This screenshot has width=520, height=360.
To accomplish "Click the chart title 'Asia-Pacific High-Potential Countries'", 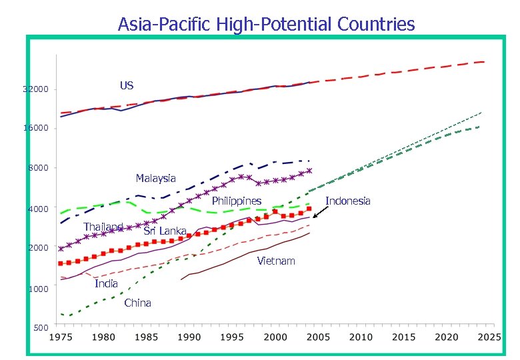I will point(266,25).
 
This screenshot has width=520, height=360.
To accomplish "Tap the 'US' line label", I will point(127,85).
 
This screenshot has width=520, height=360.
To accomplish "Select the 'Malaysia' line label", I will point(155,178).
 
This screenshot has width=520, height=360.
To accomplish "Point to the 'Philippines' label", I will point(236,201).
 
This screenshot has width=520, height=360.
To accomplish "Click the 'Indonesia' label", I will point(348,201).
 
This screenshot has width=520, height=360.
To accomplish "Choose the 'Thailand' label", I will point(103,227).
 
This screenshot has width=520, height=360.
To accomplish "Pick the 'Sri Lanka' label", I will point(165,231).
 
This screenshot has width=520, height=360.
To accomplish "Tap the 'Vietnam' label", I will point(275,261).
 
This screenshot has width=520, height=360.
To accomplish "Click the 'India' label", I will point(106,283).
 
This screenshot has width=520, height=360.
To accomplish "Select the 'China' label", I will point(137,303).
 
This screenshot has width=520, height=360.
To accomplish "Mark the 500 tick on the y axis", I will point(40,328).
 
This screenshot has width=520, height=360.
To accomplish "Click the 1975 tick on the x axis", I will point(61,337).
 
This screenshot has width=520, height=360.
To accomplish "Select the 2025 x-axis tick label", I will point(489,337).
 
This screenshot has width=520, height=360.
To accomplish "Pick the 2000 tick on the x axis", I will point(275,337).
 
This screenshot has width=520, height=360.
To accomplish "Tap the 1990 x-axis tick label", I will point(189,337).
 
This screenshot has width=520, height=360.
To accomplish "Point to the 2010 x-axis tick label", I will point(361,337).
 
